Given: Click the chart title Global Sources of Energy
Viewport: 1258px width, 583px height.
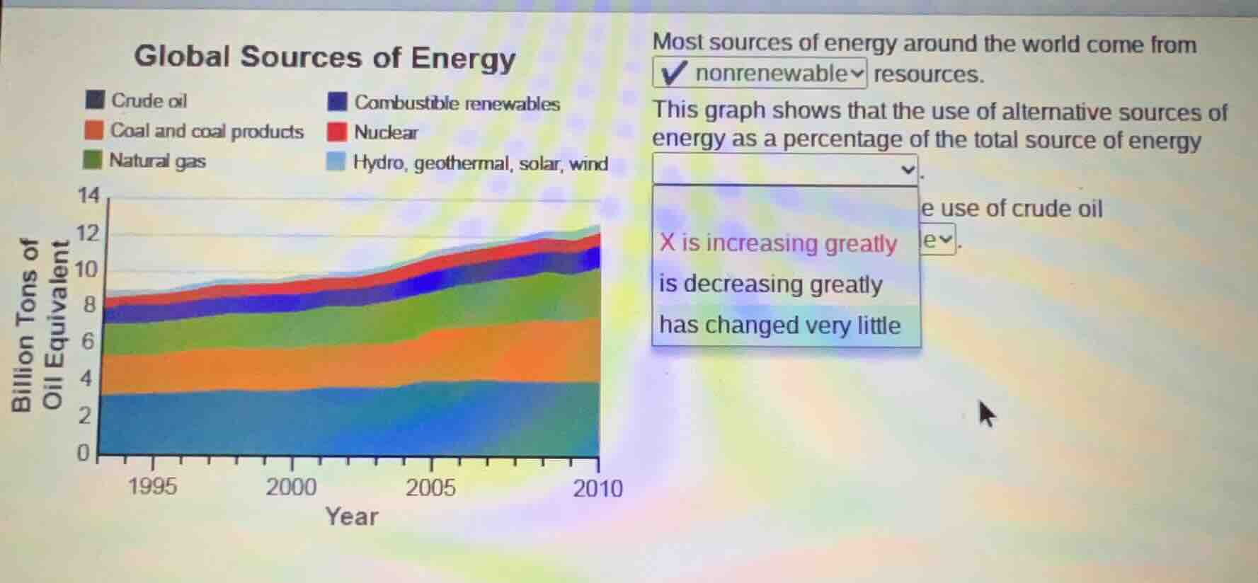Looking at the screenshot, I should (324, 57).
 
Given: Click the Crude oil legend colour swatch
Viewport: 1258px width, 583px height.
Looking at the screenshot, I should (95, 100).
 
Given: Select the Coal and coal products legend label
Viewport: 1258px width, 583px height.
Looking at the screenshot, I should (206, 131).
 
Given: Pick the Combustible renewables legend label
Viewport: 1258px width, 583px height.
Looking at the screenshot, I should (457, 103).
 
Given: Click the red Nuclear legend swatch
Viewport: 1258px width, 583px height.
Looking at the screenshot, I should (337, 132).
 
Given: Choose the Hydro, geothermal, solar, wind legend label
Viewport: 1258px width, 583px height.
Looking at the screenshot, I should (480, 163).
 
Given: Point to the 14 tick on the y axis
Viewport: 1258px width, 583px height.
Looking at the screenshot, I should (88, 195).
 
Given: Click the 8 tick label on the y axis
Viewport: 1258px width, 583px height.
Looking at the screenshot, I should (88, 305).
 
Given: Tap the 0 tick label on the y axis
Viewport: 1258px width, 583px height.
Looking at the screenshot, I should (83, 452).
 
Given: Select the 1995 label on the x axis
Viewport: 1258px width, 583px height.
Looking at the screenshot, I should (152, 487).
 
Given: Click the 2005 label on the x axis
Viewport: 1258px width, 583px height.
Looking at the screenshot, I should (430, 487).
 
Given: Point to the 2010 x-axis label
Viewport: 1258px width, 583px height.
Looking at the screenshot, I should (598, 488).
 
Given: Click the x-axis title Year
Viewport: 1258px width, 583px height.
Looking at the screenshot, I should (351, 516).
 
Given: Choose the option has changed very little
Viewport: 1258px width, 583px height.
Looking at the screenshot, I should (779, 325).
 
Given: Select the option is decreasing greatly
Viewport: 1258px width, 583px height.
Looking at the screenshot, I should (770, 284).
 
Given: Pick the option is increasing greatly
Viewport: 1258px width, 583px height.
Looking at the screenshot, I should (778, 243).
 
